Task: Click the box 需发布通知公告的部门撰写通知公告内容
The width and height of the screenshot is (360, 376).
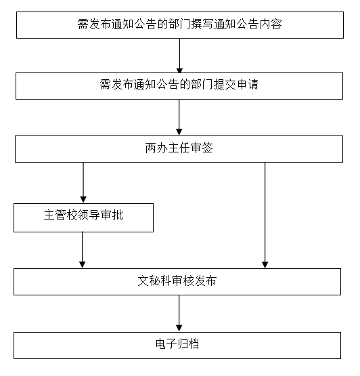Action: coord(180,25)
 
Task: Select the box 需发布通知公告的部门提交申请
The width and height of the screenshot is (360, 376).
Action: coord(179,86)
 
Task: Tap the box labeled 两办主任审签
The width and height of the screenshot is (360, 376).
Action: coord(179,149)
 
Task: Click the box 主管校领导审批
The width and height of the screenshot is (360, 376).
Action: coord(84,217)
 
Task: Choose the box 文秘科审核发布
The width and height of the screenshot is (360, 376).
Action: coord(177,282)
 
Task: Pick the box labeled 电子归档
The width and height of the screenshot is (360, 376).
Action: coord(177,346)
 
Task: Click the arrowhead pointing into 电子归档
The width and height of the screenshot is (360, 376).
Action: coord(179,329)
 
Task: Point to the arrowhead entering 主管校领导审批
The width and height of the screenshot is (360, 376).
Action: coord(83,199)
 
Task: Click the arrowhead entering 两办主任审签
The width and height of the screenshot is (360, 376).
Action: coord(179,132)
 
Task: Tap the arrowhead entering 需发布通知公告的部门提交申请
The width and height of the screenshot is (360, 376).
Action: coord(179,70)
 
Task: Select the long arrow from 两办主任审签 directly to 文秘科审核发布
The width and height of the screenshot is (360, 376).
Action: coord(265,215)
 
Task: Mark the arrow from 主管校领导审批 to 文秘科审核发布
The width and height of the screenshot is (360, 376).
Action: coord(82,250)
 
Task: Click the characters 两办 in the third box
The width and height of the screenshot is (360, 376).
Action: coord(156,148)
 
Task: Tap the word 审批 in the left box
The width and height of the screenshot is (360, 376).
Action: coord(112,215)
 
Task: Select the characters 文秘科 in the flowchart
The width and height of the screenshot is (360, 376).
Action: coord(154,280)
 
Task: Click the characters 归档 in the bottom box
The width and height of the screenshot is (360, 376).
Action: coord(188,344)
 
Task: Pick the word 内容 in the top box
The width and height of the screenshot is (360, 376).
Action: coord(271,24)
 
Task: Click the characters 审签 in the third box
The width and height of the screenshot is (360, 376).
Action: coord(202,148)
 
